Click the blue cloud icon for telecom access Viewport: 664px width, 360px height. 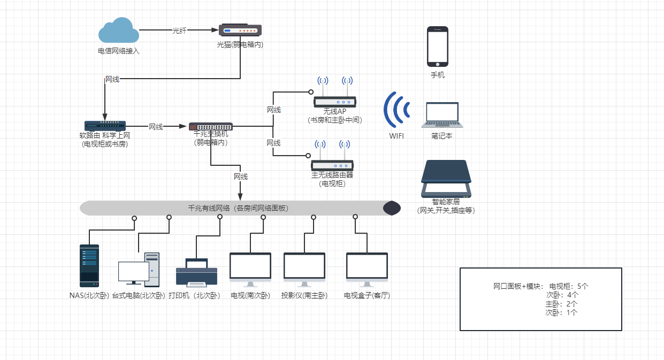tap(119, 31)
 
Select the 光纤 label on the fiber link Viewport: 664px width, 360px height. tap(179, 30)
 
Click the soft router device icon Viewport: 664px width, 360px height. tap(105, 126)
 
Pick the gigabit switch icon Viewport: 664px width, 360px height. tap(210, 126)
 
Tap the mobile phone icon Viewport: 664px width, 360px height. tap(438, 47)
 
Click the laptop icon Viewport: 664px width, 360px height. tap(442, 115)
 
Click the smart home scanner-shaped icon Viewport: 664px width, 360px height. tap(446, 179)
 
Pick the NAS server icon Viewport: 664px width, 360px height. tap(89, 266)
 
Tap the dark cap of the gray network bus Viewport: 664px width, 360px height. tap(392, 208)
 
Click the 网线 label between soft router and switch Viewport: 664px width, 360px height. tap(156, 127)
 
